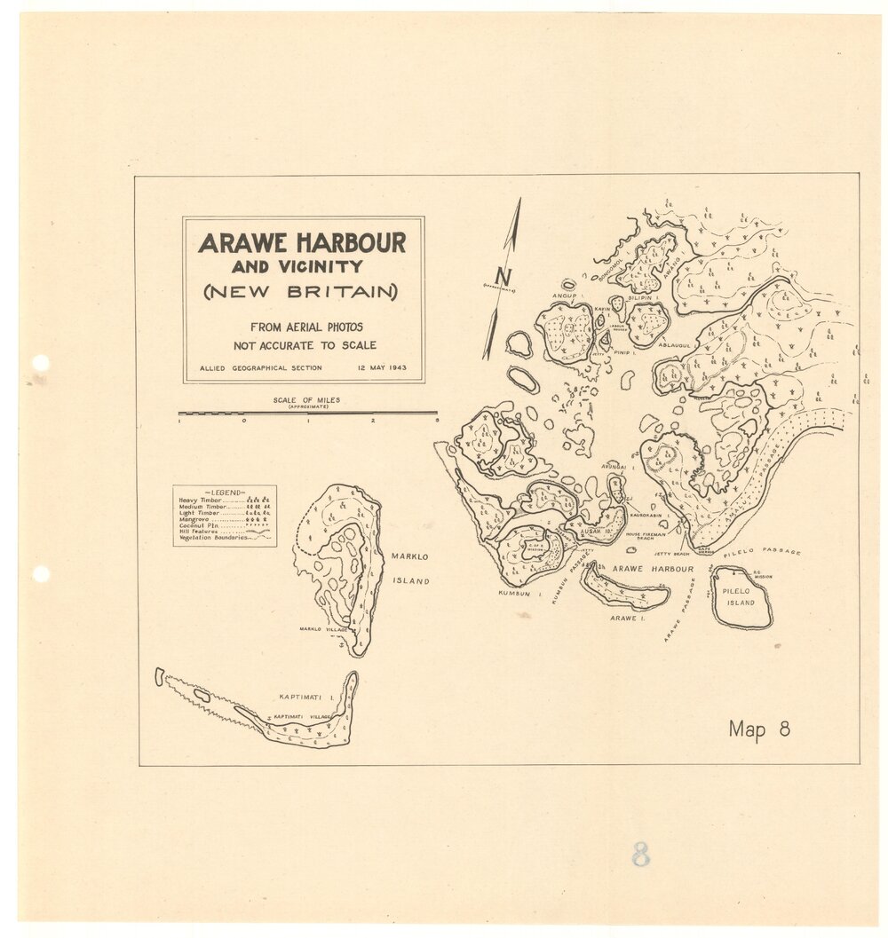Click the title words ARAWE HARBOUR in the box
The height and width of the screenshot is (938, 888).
click(302, 242)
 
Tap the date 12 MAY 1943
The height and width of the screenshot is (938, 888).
click(382, 367)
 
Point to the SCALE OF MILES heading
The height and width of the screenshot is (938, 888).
click(307, 401)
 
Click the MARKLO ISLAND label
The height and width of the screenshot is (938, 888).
click(409, 569)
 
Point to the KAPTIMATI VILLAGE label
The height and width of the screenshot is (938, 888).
click(303, 716)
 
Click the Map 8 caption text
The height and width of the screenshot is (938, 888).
click(759, 729)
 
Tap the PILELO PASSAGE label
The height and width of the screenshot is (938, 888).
click(762, 551)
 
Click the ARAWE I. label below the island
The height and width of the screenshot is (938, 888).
click(623, 618)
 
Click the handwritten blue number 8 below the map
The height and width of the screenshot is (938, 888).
click(640, 854)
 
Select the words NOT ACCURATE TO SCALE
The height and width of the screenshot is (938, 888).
click(305, 345)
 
